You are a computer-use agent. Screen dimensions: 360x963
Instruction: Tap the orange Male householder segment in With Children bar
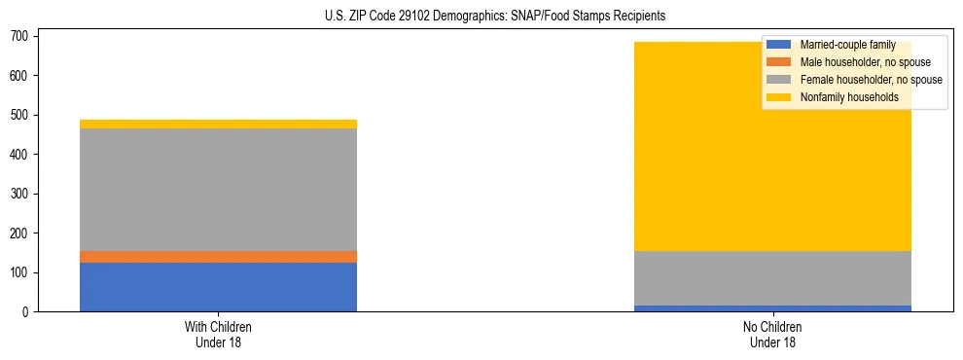pos(218,257)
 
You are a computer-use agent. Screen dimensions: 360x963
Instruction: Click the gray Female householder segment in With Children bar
pos(218,190)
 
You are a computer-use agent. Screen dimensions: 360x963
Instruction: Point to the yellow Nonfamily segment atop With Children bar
pos(218,125)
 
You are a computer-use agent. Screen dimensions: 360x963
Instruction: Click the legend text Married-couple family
pos(847,45)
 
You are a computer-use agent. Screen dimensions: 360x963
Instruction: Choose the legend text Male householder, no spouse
pos(865,62)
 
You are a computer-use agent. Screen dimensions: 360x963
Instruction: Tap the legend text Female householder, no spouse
pos(871,80)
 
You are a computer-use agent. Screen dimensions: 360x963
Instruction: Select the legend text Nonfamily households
pos(849,97)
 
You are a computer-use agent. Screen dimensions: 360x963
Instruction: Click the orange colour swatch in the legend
pos(779,62)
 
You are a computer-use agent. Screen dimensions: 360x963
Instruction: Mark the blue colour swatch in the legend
pos(779,45)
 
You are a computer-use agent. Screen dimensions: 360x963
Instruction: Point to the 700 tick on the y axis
pos(21,36)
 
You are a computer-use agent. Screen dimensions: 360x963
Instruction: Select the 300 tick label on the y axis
pos(21,194)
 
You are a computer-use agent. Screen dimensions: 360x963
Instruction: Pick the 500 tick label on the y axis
pos(21,115)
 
